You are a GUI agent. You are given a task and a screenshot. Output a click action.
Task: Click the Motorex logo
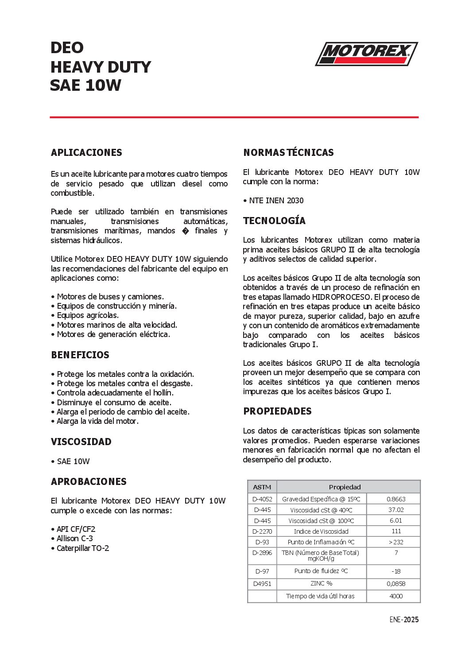(x=366, y=54)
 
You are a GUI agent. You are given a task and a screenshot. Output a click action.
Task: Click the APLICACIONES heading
(x=86, y=153)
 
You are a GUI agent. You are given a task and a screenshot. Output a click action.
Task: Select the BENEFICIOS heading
(x=80, y=355)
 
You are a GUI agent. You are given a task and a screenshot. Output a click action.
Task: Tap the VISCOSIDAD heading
(x=81, y=442)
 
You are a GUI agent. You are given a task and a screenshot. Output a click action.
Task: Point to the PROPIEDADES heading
(x=277, y=411)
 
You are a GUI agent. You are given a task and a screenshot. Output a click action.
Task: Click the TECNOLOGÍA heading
(x=274, y=221)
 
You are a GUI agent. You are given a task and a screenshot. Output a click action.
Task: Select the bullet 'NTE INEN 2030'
(x=276, y=201)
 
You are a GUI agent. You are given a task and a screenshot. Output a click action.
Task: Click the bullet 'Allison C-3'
(x=74, y=539)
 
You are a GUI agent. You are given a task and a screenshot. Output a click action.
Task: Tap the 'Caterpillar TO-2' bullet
(x=82, y=548)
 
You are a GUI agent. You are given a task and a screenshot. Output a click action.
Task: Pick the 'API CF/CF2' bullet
(x=76, y=529)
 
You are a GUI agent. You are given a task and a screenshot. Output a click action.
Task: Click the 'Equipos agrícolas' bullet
(x=88, y=315)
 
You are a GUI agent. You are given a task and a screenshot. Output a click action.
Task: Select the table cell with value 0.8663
(x=396, y=499)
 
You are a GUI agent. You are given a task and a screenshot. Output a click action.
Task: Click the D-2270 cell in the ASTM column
(x=262, y=531)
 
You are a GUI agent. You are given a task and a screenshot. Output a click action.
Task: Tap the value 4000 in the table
(x=396, y=596)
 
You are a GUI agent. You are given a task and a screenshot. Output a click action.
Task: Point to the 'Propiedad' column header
(x=345, y=487)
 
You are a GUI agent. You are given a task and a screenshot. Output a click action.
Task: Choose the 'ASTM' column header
(x=262, y=487)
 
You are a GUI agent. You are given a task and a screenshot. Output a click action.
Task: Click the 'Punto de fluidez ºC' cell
(x=321, y=571)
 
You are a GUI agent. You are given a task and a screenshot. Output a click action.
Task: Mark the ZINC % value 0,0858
(x=396, y=584)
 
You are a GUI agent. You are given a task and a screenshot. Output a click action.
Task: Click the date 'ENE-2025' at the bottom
(x=404, y=620)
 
